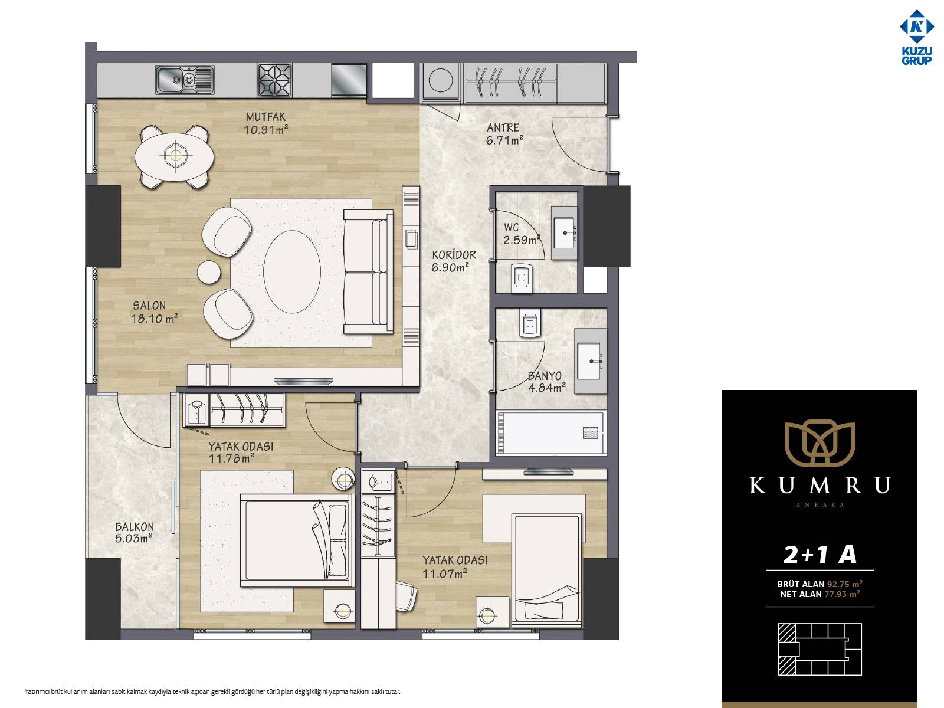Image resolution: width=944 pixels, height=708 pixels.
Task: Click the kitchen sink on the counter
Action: coord(185,80)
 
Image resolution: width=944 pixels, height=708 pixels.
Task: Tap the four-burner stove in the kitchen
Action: coord(274,80)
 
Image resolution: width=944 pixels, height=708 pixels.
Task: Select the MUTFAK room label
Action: coord(265,116)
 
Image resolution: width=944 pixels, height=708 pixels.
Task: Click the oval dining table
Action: coord(174,156)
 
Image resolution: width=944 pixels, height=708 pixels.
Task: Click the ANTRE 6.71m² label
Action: coord(504,134)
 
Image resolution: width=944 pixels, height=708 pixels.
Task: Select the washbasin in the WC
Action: coord(564,232)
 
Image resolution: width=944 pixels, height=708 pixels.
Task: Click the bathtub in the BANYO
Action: coord(551,433)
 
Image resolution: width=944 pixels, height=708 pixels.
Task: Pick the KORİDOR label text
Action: coord(454,255)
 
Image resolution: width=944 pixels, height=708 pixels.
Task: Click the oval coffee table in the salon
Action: coord(291,271)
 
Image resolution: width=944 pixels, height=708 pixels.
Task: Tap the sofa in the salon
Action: coord(369,271)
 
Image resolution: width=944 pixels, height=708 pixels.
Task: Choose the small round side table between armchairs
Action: coord(209,271)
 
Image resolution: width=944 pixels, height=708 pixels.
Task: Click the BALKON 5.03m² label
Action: coord(134,533)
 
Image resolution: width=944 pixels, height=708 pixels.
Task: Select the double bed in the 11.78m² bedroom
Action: coord(297,540)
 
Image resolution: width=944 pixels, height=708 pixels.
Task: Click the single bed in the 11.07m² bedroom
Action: coord(546,570)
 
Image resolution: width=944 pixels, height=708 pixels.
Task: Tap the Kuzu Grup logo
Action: coord(917,37)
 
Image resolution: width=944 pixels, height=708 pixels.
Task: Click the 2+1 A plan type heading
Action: coord(820,555)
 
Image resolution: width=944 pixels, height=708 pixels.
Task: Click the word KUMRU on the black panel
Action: coord(820,486)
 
